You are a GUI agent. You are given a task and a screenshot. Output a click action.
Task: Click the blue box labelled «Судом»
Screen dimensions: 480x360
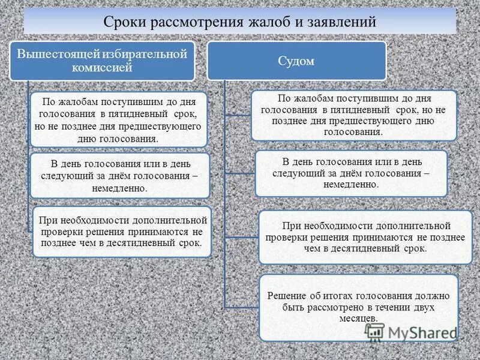[x=296, y=60]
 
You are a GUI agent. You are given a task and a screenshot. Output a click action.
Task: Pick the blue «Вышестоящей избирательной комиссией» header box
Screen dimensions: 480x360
[x=102, y=60]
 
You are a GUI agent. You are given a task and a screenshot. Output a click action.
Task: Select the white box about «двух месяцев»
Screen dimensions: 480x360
[x=358, y=307]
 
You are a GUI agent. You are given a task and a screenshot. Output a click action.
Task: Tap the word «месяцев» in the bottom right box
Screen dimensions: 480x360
[x=358, y=318]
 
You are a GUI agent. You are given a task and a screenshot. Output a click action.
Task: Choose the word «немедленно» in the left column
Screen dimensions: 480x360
[x=119, y=188]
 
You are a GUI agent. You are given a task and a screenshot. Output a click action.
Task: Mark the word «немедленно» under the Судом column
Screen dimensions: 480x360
[x=351, y=185]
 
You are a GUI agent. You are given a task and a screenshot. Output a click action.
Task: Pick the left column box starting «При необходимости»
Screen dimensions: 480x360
[x=121, y=232]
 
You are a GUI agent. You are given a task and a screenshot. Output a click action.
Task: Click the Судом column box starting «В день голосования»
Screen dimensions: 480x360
[x=351, y=173]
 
